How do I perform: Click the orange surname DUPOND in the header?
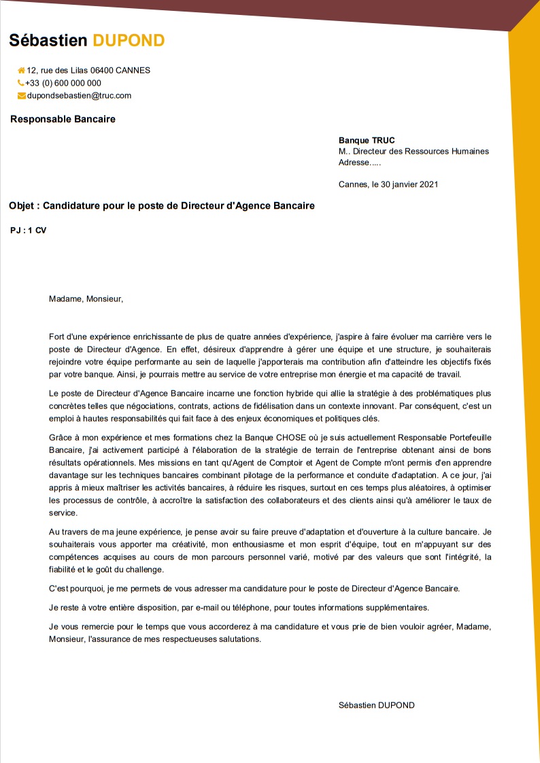[129, 40]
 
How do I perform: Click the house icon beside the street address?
[22, 70]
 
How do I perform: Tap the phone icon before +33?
[21, 83]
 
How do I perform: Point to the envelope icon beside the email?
[22, 96]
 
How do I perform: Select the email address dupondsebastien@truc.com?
[79, 96]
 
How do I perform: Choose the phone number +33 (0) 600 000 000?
[63, 83]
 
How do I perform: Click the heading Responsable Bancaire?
[63, 119]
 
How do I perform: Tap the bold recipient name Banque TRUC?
[367, 140]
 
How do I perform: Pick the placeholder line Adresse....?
[360, 163]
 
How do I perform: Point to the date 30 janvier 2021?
[409, 184]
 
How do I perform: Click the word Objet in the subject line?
[22, 205]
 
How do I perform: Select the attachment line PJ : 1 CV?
[29, 231]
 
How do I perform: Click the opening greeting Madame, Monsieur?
[86, 298]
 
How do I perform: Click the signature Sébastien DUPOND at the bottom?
[376, 705]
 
